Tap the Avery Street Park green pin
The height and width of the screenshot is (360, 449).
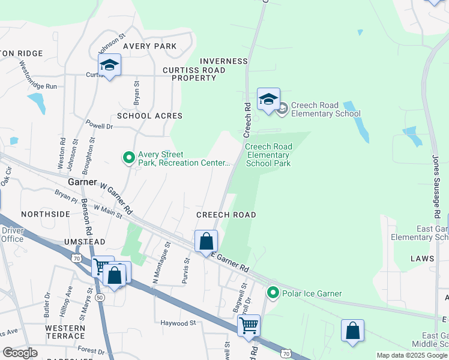[x=128, y=158]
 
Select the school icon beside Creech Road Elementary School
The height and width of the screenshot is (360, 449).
[x=268, y=100]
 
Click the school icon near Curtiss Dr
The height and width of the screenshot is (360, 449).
[x=110, y=65]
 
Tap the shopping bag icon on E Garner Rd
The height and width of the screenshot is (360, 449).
[x=206, y=242]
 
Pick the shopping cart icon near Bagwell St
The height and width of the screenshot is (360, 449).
[x=249, y=326]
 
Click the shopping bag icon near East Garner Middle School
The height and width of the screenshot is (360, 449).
[x=352, y=331]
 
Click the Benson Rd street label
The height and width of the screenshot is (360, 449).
[x=86, y=216]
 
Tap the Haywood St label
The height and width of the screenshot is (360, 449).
[x=178, y=323]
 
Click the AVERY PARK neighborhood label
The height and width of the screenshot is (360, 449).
[x=149, y=46]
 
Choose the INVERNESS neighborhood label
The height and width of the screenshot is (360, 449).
[x=223, y=61]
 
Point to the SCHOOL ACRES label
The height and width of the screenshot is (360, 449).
[x=149, y=115]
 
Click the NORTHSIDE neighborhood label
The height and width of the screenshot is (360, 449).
[x=46, y=214]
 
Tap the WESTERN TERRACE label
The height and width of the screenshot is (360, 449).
[x=65, y=333]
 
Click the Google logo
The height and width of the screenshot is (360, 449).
[x=19, y=353]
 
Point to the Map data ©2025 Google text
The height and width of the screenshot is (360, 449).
[x=411, y=355]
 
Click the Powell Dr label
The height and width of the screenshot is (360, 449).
[x=99, y=127]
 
